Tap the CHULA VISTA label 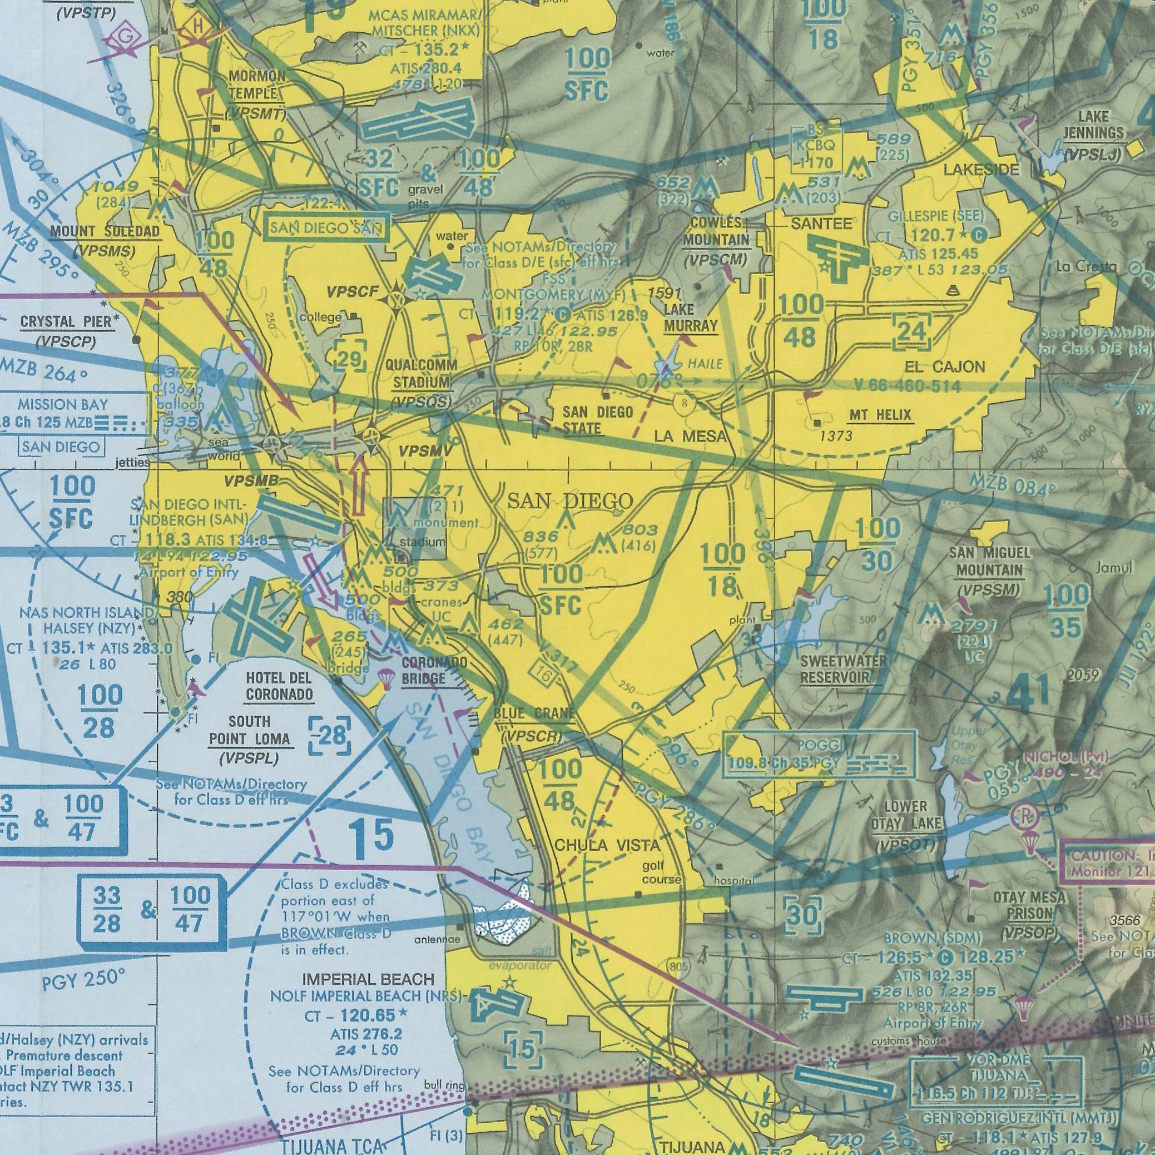tap(607, 845)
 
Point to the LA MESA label tap(691, 437)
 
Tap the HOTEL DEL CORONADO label tap(279, 686)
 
